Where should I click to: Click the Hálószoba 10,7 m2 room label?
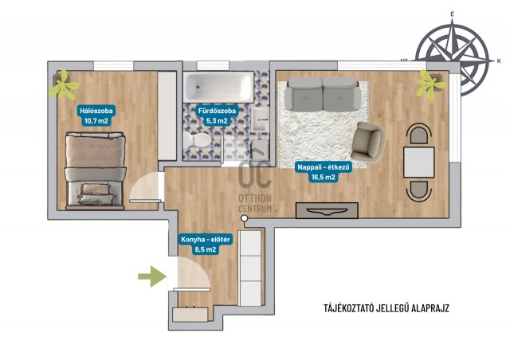click(x=96, y=116)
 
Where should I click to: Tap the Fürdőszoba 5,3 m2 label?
click(x=217, y=116)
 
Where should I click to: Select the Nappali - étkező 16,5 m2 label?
click(x=323, y=172)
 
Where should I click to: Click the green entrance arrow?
click(x=152, y=276)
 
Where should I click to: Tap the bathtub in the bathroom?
click(x=218, y=87)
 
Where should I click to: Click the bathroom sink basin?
click(x=261, y=119)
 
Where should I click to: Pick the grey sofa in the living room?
click(x=322, y=94)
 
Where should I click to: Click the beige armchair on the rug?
click(x=368, y=142)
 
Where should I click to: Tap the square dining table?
click(x=418, y=162)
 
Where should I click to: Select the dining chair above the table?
click(x=419, y=134)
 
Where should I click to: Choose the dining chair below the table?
click(x=419, y=191)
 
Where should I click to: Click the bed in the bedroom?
click(x=95, y=170)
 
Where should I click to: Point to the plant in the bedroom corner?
click(x=64, y=85)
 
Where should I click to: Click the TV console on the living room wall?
click(x=327, y=210)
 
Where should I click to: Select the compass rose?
click(x=453, y=58)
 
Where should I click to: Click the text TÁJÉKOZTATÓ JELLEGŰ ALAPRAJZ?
click(x=386, y=308)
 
